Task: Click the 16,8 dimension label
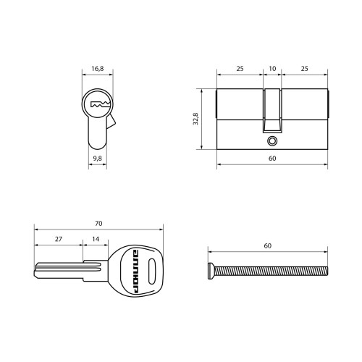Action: [98, 69]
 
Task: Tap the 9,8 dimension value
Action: [98, 159]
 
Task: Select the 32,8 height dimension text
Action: [195, 119]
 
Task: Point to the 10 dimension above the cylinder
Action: [272, 69]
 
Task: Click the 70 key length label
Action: [98, 224]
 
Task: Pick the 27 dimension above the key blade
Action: [59, 239]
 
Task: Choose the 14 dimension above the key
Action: [96, 239]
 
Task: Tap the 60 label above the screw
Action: [268, 246]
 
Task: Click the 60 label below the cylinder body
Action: [272, 159]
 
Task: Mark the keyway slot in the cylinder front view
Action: [101, 104]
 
